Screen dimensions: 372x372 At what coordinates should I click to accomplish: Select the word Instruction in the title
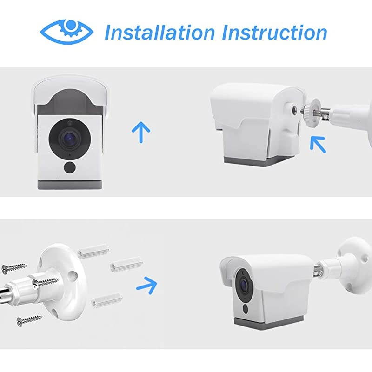(x=274, y=32)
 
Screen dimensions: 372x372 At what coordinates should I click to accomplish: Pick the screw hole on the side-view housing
(x=294, y=111)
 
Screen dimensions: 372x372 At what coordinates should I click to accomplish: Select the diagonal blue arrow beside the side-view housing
(x=319, y=143)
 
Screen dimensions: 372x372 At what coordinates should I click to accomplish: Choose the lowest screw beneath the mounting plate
(x=29, y=320)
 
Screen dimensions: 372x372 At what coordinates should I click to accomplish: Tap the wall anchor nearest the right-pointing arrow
(x=125, y=265)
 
